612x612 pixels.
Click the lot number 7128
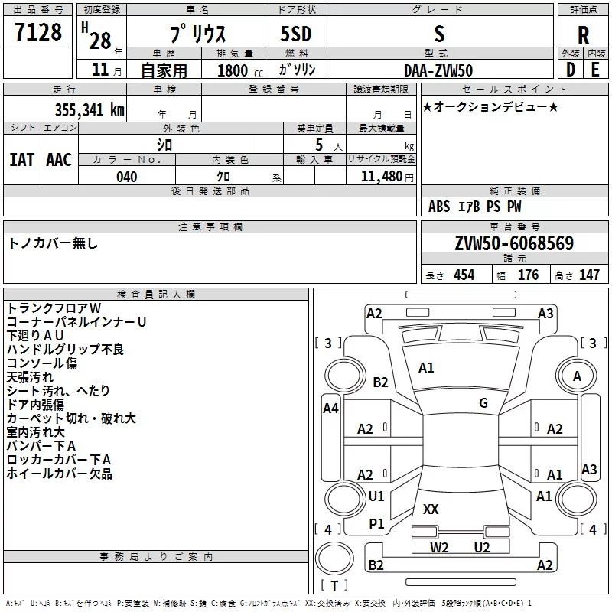tap(39, 33)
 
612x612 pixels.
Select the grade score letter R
tap(583, 34)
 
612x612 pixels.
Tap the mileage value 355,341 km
tap(90, 109)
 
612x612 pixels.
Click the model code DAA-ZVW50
tap(438, 70)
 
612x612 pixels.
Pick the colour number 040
tap(126, 177)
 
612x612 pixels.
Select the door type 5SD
tap(297, 34)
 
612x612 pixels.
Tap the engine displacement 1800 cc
tap(234, 70)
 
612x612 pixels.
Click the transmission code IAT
tap(21, 159)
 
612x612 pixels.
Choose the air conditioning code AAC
tap(59, 159)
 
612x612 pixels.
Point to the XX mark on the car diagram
tap(431, 509)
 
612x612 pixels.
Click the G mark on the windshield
tap(483, 402)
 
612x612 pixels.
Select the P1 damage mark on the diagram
tap(376, 523)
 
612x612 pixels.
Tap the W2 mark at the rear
tap(439, 547)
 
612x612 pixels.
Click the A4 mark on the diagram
tap(330, 409)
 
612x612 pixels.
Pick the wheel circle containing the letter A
tap(577, 376)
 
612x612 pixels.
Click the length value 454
tap(464, 275)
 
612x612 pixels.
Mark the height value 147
tap(588, 275)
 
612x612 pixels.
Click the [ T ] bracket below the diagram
tap(334, 586)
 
